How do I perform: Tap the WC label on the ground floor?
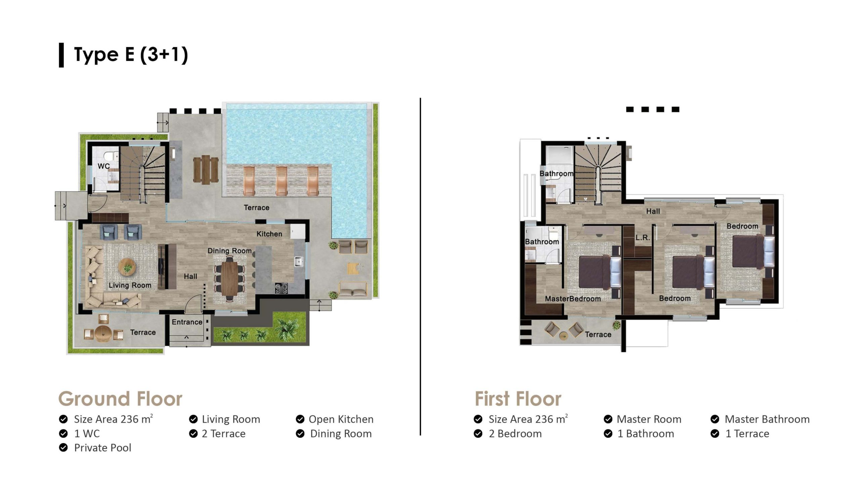pos(104,166)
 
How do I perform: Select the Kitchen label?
pos(269,234)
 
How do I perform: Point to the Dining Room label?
pos(229,251)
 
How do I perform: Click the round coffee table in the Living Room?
pos(127,267)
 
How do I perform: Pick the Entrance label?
pos(187,322)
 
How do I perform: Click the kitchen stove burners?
pos(282,288)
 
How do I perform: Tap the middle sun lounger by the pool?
pos(282,180)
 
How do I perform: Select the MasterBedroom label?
pos(573,299)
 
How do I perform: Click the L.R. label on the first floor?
pos(643,237)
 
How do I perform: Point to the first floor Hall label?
pos(653,211)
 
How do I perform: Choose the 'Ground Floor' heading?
pos(120,399)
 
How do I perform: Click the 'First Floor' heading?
pos(518,399)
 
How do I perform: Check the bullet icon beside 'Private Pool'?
pos(63,447)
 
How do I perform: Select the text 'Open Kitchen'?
pos(341,419)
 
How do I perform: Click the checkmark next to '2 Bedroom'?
pos(478,434)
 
